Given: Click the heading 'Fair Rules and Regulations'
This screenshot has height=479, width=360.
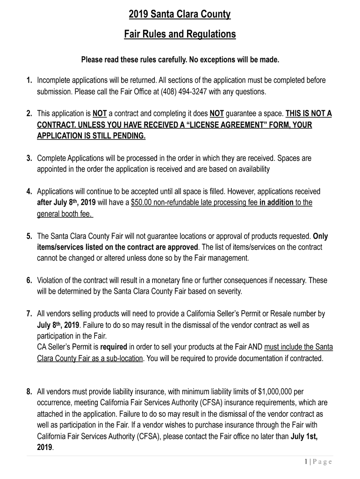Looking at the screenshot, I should click(x=180, y=35).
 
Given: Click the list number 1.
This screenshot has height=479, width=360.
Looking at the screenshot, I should click(x=29, y=80).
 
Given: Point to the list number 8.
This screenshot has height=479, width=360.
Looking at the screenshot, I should click(x=29, y=391).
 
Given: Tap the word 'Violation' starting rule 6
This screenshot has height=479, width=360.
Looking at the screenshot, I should click(x=51, y=280).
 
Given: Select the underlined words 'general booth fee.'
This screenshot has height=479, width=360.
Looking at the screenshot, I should click(x=65, y=214).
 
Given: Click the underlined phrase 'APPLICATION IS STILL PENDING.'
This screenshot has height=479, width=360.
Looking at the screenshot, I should click(x=91, y=136).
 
